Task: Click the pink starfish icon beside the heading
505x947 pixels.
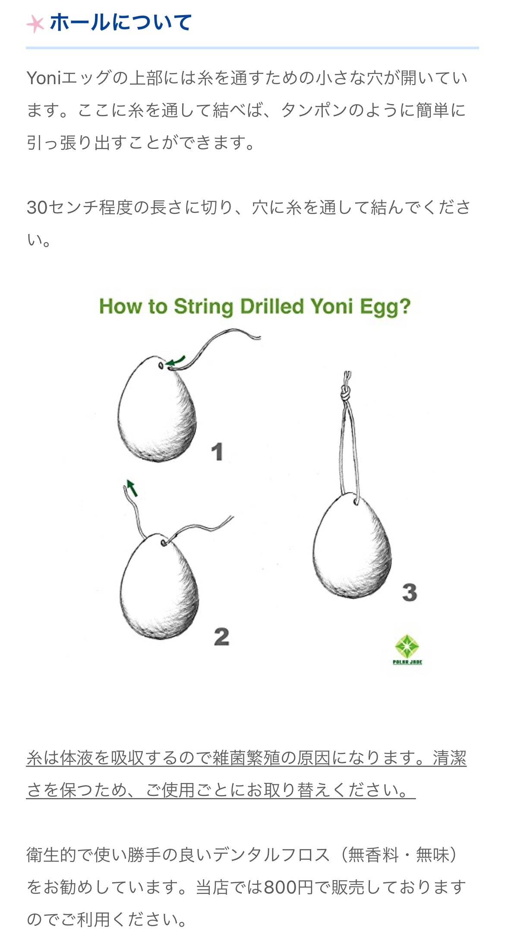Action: [35, 24]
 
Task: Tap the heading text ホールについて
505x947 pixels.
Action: [121, 22]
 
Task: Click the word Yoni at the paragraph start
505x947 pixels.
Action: [44, 78]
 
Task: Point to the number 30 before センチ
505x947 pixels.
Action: [37, 208]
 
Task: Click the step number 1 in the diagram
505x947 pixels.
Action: [217, 452]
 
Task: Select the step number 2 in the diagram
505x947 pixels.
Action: [221, 637]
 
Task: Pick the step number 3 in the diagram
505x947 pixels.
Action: [410, 592]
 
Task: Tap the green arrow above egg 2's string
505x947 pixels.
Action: [132, 488]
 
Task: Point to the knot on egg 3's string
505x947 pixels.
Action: [345, 393]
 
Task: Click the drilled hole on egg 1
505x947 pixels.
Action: [161, 366]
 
